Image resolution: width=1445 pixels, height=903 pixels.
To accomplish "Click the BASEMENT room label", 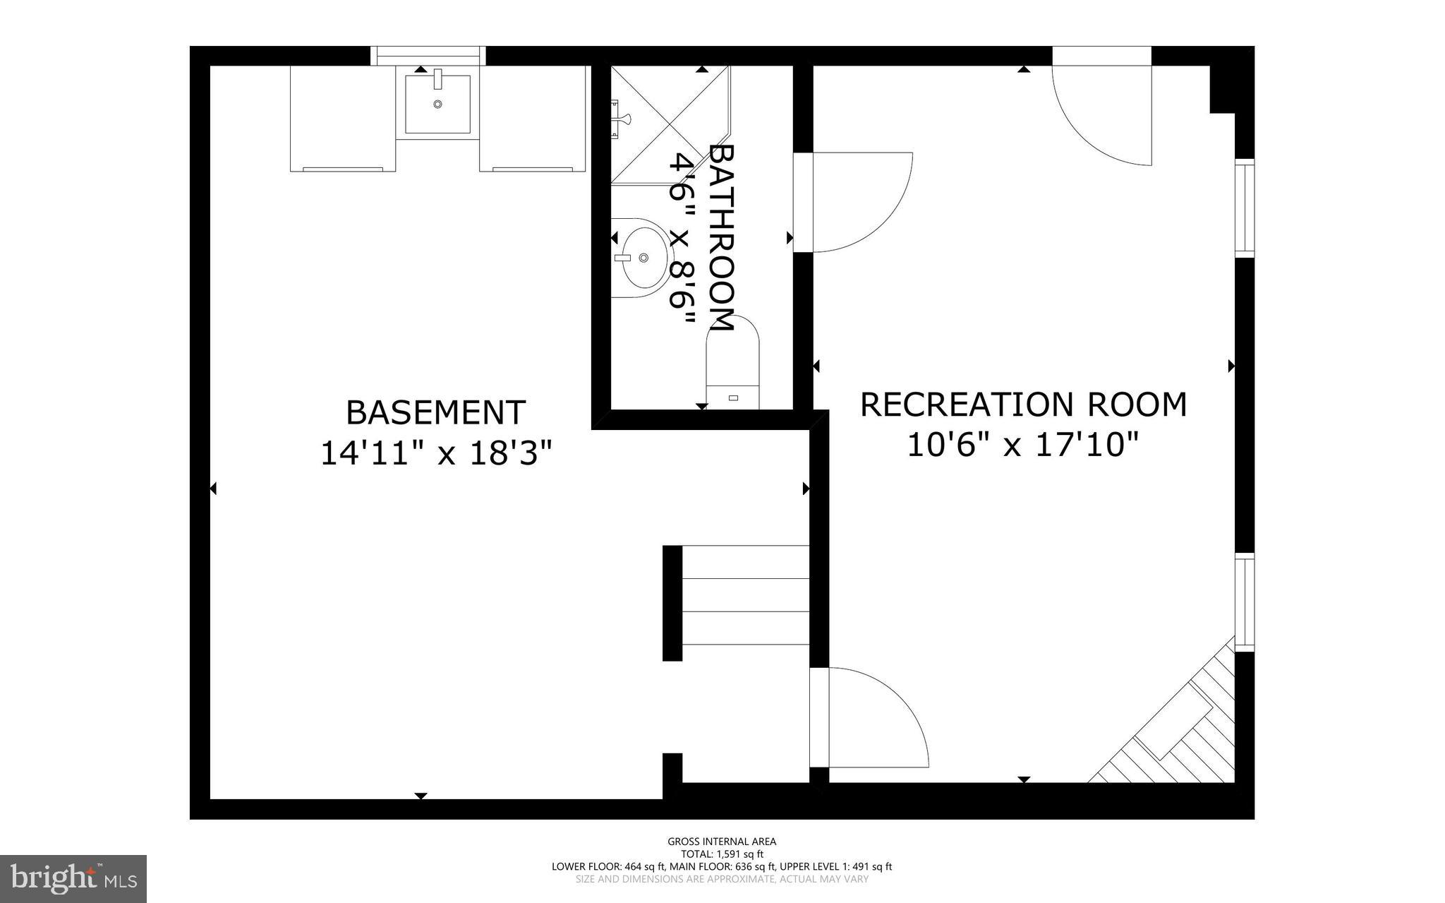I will pyautogui.click(x=435, y=413).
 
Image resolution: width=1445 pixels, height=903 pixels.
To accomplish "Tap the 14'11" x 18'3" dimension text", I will pyautogui.click(x=435, y=453).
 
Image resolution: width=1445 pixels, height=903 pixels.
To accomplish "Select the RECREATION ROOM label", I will pyautogui.click(x=1023, y=405).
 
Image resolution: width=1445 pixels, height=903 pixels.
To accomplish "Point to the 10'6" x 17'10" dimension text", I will pyautogui.click(x=1023, y=445).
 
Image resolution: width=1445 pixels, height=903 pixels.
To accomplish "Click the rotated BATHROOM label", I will pyautogui.click(x=722, y=237).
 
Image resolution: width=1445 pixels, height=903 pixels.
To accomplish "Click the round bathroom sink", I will pyautogui.click(x=641, y=258).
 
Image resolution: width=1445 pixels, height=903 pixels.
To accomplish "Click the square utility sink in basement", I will pyautogui.click(x=437, y=104).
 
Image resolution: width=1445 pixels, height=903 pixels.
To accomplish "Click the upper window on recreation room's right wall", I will pyautogui.click(x=1245, y=207).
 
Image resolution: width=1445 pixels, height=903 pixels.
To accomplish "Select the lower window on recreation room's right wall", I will pyautogui.click(x=1245, y=602).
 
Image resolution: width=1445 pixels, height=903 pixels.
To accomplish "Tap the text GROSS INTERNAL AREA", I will pyautogui.click(x=722, y=841).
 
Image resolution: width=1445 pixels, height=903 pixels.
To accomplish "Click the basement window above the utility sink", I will pyautogui.click(x=428, y=55).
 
